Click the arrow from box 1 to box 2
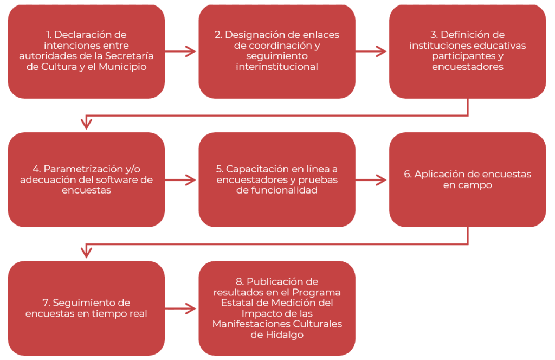(x=180, y=52)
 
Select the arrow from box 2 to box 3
(x=371, y=52)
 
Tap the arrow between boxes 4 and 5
(x=180, y=180)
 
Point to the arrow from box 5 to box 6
(x=371, y=180)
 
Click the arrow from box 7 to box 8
(x=180, y=308)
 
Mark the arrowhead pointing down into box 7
(x=86, y=252)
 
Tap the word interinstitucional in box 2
(x=277, y=67)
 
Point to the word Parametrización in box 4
(x=83, y=169)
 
